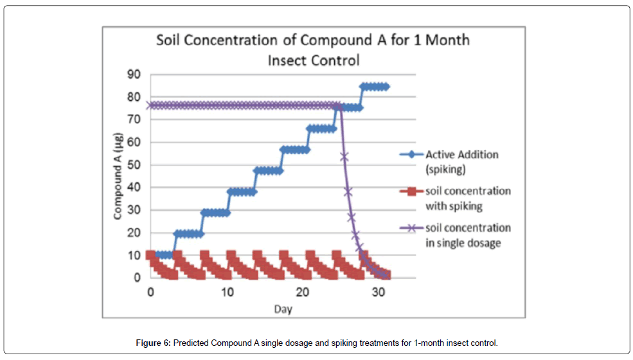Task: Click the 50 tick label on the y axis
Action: (133, 165)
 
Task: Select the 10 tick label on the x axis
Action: (226, 291)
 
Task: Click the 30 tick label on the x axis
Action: (380, 291)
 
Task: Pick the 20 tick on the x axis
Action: (303, 291)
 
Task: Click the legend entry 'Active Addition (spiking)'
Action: (461, 161)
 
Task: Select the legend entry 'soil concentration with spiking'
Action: (468, 198)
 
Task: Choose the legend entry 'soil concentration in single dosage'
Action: (468, 235)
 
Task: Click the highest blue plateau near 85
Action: (375, 86)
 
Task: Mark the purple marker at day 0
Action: (150, 105)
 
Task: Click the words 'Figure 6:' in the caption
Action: (153, 343)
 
